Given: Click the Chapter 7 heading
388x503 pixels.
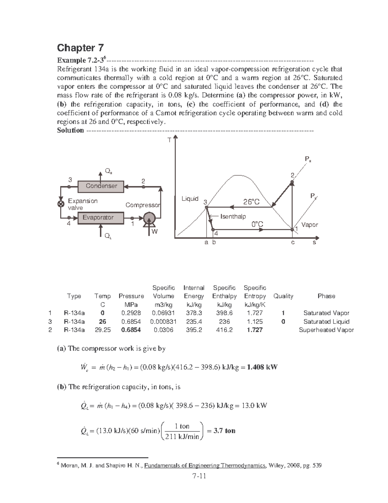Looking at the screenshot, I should click(80, 48).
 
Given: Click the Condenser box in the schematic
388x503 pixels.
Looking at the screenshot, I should click(101, 186).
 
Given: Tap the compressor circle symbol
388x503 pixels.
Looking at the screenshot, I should click(149, 218).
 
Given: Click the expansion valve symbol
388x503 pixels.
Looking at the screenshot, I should click(60, 204).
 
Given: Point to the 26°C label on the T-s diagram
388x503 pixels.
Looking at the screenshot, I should click(251, 202).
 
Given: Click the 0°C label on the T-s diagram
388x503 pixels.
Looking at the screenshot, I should click(257, 224).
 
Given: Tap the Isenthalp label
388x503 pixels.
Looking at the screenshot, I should click(233, 216).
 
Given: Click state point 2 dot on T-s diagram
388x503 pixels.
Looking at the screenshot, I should click(292, 182).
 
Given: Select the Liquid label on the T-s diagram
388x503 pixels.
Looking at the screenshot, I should click(190, 199).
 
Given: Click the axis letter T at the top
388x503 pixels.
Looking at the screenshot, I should click(168, 140).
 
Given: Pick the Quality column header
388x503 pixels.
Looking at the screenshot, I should click(283, 296).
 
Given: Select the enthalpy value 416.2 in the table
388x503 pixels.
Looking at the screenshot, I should click(224, 330).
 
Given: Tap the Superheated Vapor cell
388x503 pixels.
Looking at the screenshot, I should click(326, 330).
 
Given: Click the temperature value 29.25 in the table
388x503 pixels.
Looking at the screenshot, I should click(102, 330).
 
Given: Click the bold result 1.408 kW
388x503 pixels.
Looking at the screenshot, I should click(262, 367).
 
